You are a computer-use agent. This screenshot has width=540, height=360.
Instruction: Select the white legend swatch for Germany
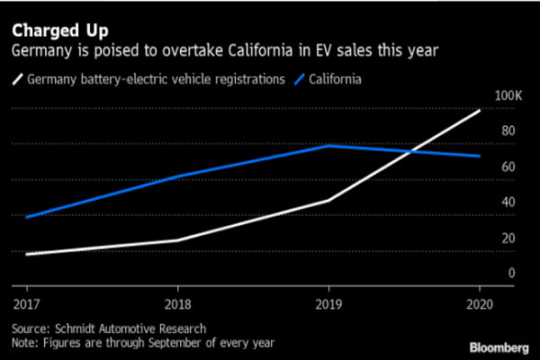pos(17,79)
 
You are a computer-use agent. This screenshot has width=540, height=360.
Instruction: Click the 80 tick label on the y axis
pos(508,131)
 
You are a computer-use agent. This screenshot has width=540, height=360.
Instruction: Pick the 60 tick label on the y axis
pos(508,166)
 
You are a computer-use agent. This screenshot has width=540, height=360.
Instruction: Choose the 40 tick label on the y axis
pos(508,202)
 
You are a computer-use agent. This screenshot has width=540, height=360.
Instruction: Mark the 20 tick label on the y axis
pos(508,238)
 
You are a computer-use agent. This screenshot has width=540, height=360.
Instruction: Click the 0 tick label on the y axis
pos(511,273)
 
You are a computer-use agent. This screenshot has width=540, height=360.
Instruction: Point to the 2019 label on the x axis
pos(328,304)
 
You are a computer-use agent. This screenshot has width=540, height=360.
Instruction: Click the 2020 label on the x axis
pos(481,304)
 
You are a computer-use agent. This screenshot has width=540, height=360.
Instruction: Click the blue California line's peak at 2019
pos(329,145)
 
